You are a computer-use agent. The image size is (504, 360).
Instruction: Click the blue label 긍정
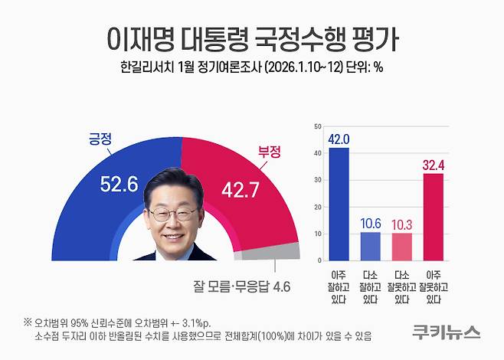pyautogui.click(x=100, y=139)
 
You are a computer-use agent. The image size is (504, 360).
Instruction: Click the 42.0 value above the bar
pyautogui.click(x=338, y=139)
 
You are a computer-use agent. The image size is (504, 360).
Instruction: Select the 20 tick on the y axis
pyautogui.click(x=319, y=207)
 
